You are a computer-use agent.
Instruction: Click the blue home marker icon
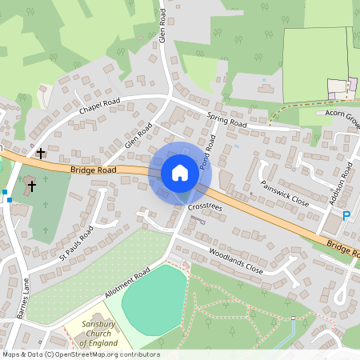coord(180,173)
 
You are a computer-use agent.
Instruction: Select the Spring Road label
coord(227,122)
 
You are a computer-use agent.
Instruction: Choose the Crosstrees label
coord(206,206)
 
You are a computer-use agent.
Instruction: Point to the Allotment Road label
coord(126,285)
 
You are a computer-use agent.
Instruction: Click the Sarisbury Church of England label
coord(105,334)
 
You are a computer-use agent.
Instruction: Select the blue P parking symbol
coord(346,215)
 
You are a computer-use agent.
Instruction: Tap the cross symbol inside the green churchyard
coord(32,186)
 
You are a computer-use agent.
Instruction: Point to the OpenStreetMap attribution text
coord(80,354)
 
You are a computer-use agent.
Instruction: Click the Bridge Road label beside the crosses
coord(93,170)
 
